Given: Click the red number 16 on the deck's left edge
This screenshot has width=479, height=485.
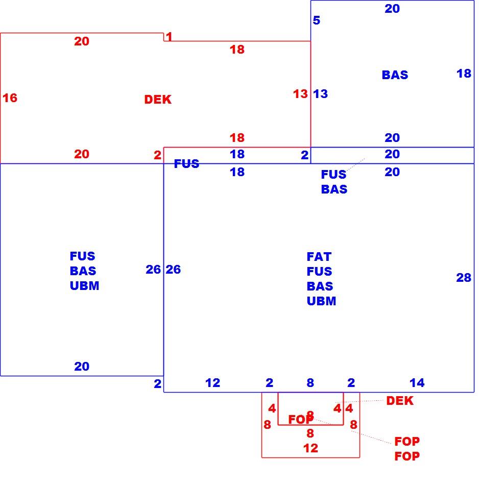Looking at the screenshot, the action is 10,98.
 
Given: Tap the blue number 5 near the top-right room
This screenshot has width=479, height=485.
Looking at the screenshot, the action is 316,20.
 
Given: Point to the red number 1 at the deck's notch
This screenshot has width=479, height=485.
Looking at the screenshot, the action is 169,36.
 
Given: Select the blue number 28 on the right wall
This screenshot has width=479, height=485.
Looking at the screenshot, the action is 464,277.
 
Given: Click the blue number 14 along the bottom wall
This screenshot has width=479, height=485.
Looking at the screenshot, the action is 417,383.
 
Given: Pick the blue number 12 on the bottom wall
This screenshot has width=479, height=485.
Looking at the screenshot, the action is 212,383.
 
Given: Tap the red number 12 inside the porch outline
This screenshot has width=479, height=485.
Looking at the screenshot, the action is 310,448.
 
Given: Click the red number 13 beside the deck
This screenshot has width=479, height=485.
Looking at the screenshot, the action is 300,94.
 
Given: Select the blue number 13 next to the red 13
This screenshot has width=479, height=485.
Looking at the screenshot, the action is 320,94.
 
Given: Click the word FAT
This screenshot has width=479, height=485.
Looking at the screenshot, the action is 319,257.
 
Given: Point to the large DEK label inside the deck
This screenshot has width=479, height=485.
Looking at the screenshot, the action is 158,100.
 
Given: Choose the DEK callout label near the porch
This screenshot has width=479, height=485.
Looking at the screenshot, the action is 399,401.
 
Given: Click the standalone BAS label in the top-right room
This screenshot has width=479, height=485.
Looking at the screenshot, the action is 395,75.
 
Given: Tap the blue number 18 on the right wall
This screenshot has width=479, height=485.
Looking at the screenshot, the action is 464,74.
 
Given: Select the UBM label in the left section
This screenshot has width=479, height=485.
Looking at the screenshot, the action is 84,286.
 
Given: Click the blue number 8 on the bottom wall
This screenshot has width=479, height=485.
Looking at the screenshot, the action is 310,383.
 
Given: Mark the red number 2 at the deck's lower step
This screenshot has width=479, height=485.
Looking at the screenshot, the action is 157,155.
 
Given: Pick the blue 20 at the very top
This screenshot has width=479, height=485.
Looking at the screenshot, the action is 392,9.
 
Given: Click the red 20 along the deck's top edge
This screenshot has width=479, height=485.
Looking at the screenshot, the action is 82,41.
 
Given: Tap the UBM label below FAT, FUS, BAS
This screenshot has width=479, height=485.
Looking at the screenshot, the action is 321,301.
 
